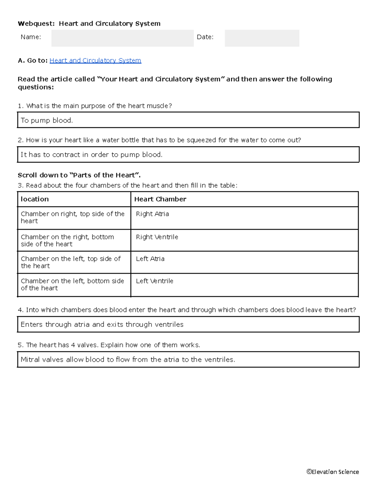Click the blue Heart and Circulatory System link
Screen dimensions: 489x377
pyautogui.click(x=95, y=60)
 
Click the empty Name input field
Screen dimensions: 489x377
pyautogui.click(x=123, y=38)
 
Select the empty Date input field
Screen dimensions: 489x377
pyautogui.click(x=262, y=38)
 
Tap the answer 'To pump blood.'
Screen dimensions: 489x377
pyautogui.click(x=47, y=120)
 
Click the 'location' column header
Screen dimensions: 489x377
pyautogui.click(x=35, y=199)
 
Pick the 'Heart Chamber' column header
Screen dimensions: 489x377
pyautogui.click(x=160, y=199)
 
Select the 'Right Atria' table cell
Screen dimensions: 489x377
pyautogui.click(x=152, y=214)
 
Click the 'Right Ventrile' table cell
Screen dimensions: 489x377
pyautogui.click(x=157, y=237)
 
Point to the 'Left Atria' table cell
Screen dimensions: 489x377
pyautogui.click(x=150, y=259)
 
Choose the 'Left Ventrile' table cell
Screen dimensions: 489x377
pyautogui.click(x=155, y=281)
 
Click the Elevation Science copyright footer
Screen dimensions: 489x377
pyautogui.click(x=333, y=472)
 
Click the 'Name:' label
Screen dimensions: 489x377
pyautogui.click(x=31, y=37)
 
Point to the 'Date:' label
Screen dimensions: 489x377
pyautogui.click(x=205, y=37)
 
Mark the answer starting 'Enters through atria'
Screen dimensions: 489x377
pyautogui.click(x=102, y=324)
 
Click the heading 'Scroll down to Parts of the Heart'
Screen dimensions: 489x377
pyautogui.click(x=79, y=175)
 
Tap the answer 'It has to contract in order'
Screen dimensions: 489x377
pyautogui.click(x=91, y=155)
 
